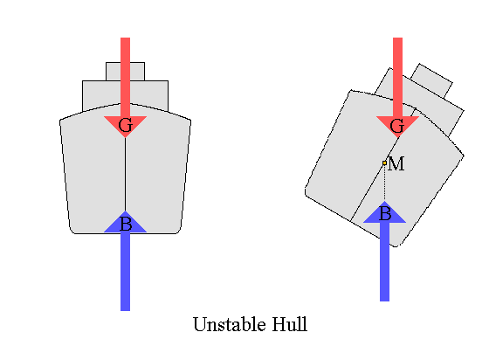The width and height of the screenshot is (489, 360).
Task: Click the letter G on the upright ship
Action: click(x=126, y=125)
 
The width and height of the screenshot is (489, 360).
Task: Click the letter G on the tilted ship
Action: click(x=397, y=126)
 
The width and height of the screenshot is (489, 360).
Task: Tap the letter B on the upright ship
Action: click(x=126, y=224)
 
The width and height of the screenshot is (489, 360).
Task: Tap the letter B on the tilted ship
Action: click(x=385, y=213)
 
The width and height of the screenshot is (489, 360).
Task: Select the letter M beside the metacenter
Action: click(x=396, y=163)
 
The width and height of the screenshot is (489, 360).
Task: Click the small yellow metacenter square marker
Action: click(x=384, y=163)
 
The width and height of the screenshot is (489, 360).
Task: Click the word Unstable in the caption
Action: click(x=230, y=324)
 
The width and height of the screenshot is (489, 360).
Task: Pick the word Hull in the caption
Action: click(x=290, y=324)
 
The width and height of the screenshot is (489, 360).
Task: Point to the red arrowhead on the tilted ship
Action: click(x=397, y=127)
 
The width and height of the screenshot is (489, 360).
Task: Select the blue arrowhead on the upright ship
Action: click(x=126, y=222)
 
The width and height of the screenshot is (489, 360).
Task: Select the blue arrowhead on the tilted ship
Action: click(x=384, y=212)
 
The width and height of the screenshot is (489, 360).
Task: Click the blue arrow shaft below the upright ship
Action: click(x=126, y=272)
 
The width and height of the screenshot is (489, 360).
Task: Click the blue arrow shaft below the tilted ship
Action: click(x=384, y=262)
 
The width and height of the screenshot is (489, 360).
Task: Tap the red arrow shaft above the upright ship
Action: click(x=126, y=77)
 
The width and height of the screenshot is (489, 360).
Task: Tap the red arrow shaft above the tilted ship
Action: click(x=397, y=77)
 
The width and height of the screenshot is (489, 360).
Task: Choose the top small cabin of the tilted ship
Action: click(x=432, y=80)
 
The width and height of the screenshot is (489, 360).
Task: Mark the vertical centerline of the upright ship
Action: click(x=126, y=175)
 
